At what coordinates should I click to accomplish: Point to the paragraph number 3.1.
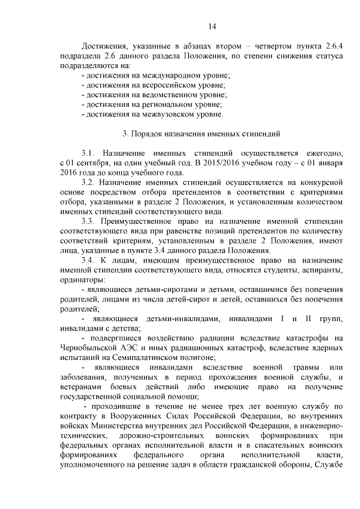click(90, 153)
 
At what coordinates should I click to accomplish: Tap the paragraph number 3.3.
click(90, 221)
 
